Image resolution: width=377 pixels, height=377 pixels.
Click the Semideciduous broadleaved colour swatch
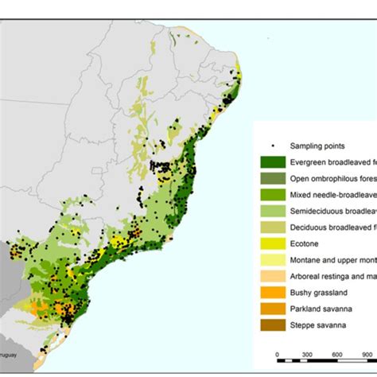pos(272,211)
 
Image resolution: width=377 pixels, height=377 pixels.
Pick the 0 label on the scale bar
pos(277,354)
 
